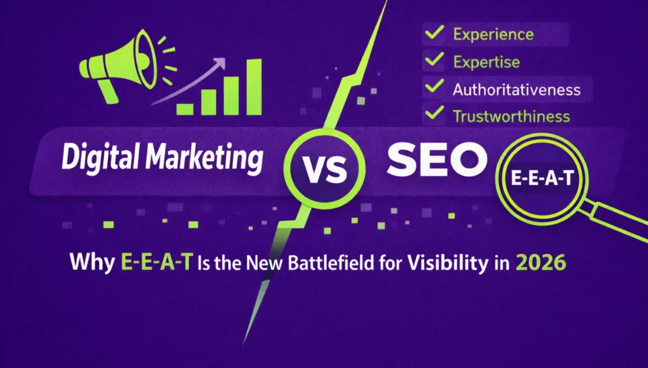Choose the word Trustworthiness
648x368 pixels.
[511, 116]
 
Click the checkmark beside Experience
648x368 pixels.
[435, 33]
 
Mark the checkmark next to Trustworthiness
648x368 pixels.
[435, 115]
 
